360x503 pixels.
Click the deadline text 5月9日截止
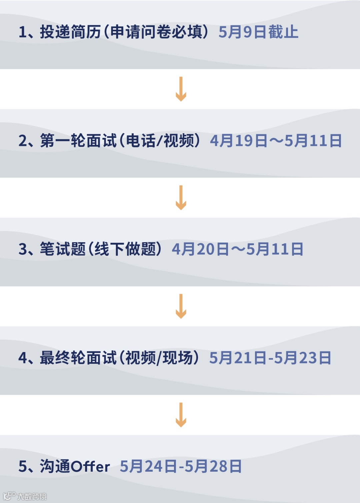[x=258, y=32]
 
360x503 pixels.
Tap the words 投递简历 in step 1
[x=70, y=32]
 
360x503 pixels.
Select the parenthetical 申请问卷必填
[x=157, y=32]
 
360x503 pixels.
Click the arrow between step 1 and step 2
[x=181, y=89]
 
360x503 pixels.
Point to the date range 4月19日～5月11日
[x=276, y=141]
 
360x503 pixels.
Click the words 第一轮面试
[x=78, y=141]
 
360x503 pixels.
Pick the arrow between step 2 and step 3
[x=181, y=198]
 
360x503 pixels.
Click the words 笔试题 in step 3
[x=63, y=249]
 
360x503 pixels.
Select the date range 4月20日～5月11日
[x=237, y=249]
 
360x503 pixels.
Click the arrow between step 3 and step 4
[x=181, y=306]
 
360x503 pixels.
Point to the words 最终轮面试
[x=78, y=358]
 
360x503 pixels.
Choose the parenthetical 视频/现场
[x=159, y=358]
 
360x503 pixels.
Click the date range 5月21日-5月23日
[x=270, y=358]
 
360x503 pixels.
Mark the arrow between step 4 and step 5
[x=181, y=415]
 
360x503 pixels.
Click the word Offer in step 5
[x=90, y=466]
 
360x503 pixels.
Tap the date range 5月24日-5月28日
[x=181, y=466]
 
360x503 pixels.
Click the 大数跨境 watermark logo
[x=25, y=496]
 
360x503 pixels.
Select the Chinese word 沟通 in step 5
[x=55, y=466]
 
